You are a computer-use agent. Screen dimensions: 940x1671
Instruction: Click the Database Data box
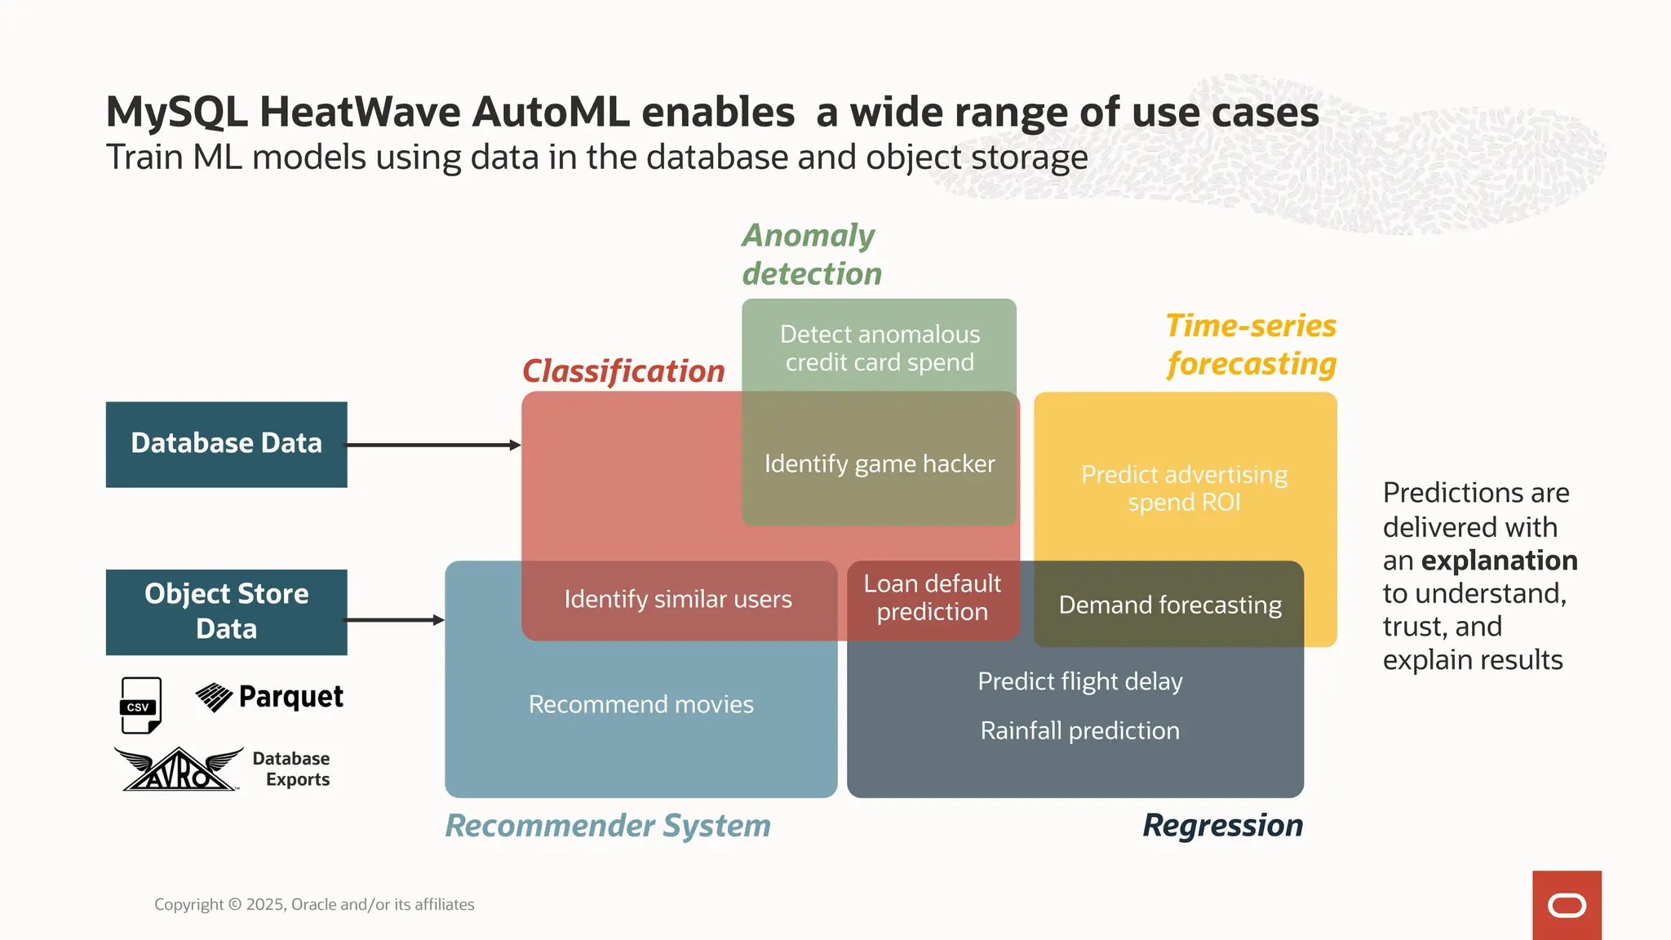coord(226,444)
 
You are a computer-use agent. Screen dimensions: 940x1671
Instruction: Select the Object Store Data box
coord(226,611)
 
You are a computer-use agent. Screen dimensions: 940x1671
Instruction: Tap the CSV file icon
coord(140,705)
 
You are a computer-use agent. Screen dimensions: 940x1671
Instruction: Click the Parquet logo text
coord(290,697)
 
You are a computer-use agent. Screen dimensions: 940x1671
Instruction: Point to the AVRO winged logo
coord(179,769)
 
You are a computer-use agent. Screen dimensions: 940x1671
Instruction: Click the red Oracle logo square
coord(1566,905)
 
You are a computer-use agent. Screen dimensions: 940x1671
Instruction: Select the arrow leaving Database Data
coord(433,445)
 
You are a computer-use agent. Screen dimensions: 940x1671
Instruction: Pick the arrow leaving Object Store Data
coord(395,620)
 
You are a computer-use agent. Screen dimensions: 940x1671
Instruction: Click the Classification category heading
coord(623,371)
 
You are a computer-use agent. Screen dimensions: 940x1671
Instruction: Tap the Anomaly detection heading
coord(812,255)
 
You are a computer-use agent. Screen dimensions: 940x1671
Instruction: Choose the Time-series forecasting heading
coord(1251,344)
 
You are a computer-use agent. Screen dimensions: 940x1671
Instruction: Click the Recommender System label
coord(608,826)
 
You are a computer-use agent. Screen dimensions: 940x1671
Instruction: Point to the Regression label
coord(1222,826)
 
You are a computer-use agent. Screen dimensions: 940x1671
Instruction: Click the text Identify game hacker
coord(880,463)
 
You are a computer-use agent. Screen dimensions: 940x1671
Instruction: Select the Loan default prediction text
coord(932,597)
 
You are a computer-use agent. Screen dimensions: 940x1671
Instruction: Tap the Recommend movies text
coord(641,704)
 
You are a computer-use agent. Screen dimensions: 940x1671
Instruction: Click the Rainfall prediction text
coord(1079,730)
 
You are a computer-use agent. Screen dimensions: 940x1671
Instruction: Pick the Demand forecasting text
coord(1170,605)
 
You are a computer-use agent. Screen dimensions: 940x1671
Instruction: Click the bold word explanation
coord(1499,561)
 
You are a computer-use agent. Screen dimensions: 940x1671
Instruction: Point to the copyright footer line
coord(314,904)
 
